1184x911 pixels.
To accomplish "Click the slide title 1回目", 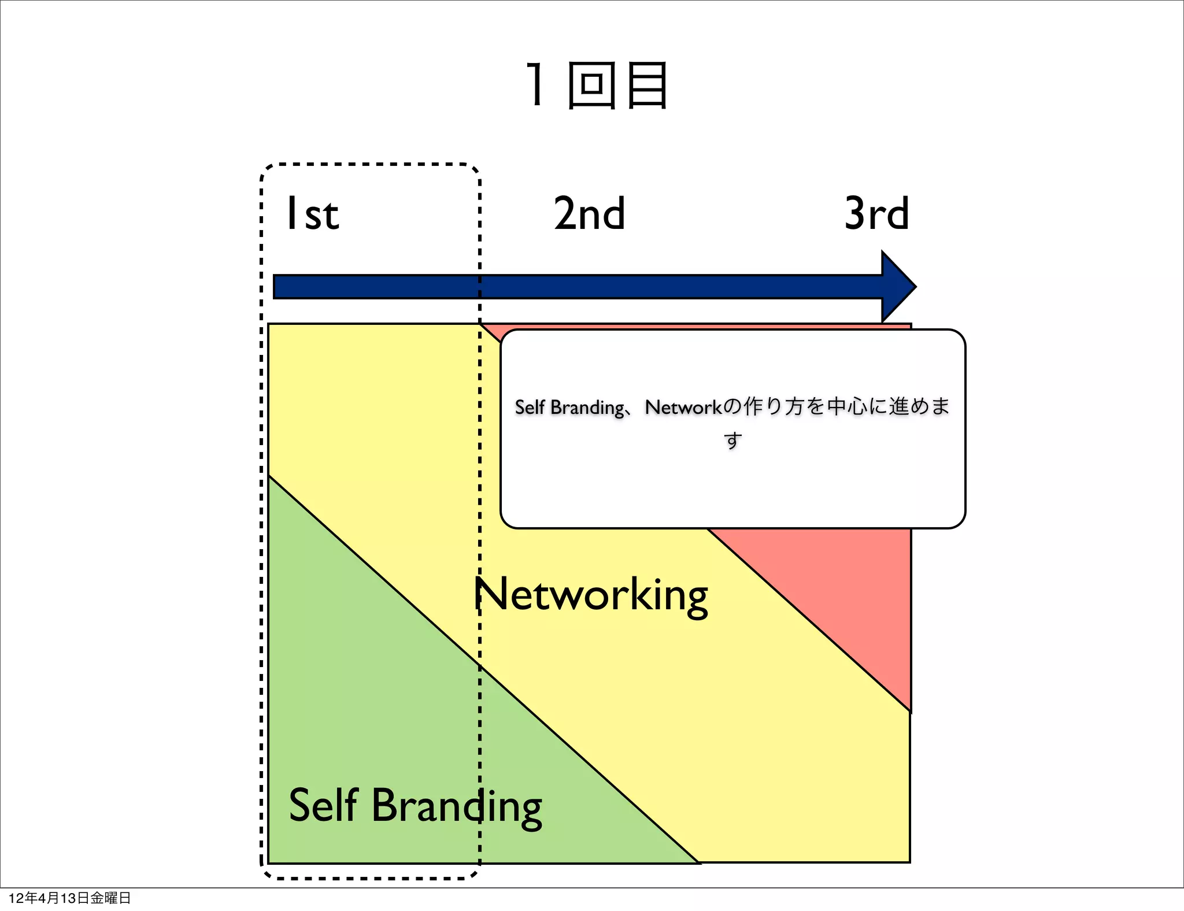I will tap(597, 86).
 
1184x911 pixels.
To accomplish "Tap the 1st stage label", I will tap(312, 214).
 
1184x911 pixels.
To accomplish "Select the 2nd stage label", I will tap(589, 213).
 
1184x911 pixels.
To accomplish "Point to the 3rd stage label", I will tap(876, 213).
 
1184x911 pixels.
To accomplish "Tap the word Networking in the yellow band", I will tap(591, 595).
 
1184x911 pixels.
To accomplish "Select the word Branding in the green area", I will tap(457, 806).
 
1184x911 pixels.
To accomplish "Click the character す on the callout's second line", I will tap(732, 440).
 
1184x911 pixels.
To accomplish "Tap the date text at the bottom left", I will tap(70, 898).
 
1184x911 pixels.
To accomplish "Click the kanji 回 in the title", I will tap(591, 86).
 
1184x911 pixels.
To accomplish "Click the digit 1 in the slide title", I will tap(536, 86).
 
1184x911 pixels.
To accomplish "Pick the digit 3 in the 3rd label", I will tap(855, 213).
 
